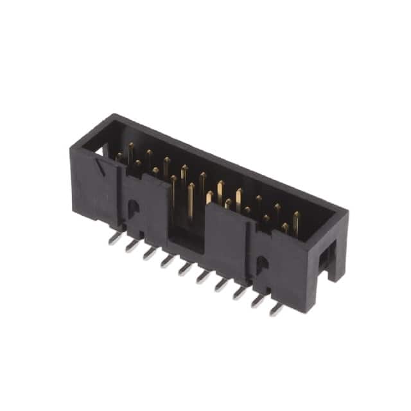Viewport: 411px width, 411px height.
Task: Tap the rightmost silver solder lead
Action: pos(276,309)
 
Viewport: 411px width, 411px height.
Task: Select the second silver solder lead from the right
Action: pos(258,301)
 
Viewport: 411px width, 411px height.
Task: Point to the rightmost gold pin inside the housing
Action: pos(296,222)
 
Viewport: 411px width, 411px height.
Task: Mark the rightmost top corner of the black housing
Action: pos(347,213)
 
